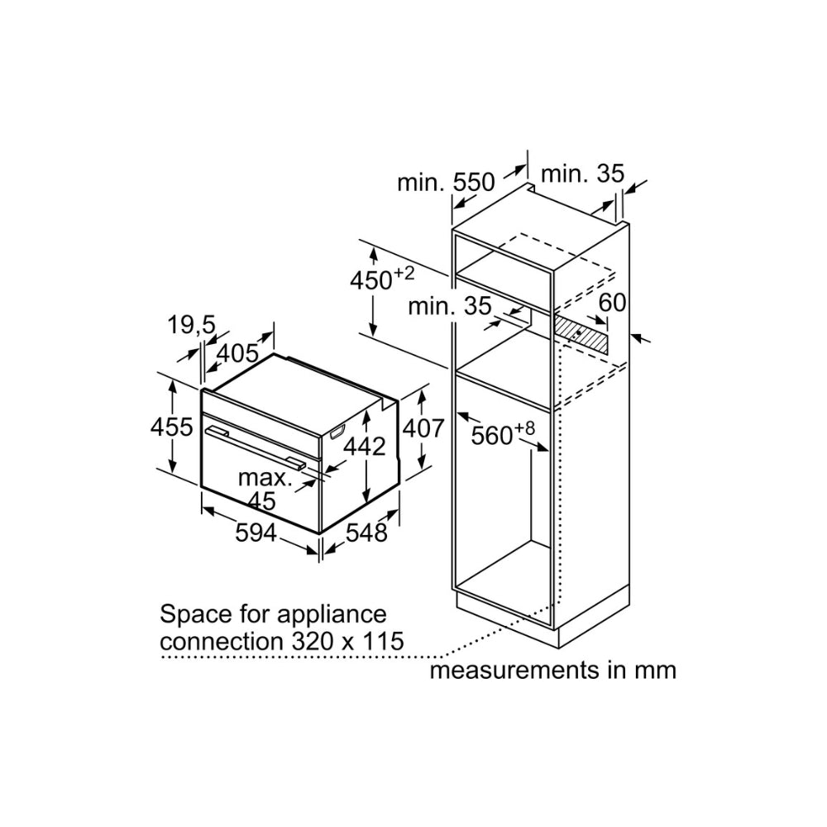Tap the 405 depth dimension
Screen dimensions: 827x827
(x=237, y=354)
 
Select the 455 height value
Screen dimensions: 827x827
(x=171, y=428)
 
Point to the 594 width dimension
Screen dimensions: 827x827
(x=256, y=534)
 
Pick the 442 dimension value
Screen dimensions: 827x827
(x=365, y=447)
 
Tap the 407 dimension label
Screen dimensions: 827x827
(x=423, y=428)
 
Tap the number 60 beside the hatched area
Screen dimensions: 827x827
(x=612, y=304)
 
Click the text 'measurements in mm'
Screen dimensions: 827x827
(x=552, y=669)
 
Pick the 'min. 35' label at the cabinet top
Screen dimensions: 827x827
(x=581, y=174)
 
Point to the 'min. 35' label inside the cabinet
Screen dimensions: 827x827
(x=451, y=306)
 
